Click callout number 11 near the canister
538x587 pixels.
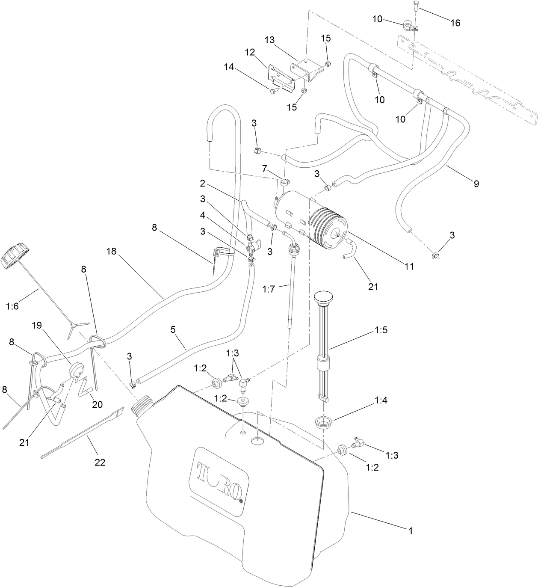coord(409,266)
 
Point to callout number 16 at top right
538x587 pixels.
coord(456,23)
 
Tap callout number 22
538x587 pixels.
coord(100,462)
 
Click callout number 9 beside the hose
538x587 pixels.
coord(476,184)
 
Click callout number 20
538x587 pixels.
coord(98,404)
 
